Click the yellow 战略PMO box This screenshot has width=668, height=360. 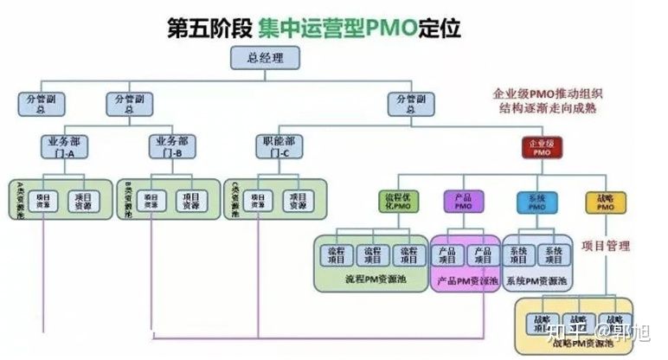coord(605,202)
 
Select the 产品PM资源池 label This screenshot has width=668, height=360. coord(467,280)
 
